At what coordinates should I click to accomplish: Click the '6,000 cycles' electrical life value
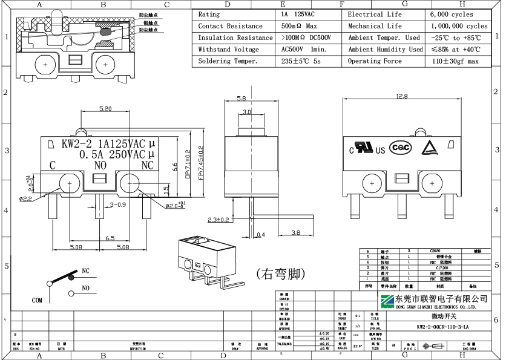452,14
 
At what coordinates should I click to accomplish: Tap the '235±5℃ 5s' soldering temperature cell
301,61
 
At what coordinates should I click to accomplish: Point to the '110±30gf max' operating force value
455,61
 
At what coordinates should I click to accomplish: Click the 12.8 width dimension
401,97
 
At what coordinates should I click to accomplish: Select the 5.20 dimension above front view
105,109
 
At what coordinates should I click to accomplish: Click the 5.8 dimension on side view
241,98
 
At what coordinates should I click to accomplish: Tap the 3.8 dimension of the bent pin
296,232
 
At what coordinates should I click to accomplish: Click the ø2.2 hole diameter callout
25,198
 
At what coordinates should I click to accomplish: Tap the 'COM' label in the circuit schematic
38,300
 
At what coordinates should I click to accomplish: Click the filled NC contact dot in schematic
71,277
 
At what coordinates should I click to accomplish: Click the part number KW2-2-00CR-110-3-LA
442,327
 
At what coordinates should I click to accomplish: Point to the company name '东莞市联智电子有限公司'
442,299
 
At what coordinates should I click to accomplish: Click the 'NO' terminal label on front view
100,165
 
